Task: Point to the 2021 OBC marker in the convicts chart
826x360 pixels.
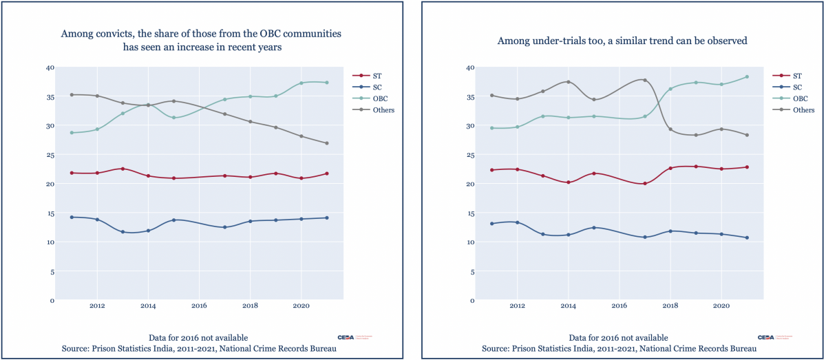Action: click(326, 83)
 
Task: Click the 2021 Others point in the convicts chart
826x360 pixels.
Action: click(326, 143)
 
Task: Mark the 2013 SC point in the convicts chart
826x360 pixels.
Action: click(123, 232)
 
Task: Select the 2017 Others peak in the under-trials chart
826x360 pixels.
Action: click(645, 80)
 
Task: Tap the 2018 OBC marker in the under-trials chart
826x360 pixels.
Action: click(670, 89)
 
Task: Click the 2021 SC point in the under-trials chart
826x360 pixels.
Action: click(747, 237)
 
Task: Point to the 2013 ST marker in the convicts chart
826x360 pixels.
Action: click(123, 169)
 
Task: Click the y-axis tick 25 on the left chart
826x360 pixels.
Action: click(49, 155)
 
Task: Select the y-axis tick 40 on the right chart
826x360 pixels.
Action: click(469, 67)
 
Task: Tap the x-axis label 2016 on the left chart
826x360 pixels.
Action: click(199, 305)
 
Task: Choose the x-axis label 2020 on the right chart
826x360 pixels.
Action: click(721, 305)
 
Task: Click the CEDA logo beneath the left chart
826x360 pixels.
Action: click(344, 337)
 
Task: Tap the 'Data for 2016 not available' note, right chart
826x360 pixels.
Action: click(618, 337)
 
